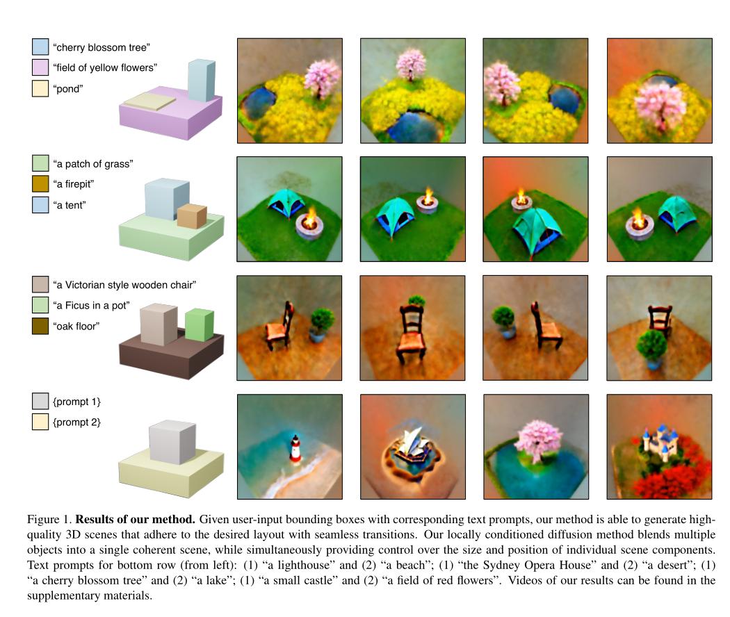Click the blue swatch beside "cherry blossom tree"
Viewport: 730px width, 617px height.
pos(40,47)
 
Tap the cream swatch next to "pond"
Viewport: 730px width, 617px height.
pos(40,89)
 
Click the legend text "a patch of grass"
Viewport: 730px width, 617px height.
pos(92,164)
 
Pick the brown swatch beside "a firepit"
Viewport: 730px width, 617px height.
pos(40,185)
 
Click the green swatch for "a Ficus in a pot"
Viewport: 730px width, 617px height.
pos(40,306)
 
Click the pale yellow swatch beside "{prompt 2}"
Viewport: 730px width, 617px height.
pos(40,422)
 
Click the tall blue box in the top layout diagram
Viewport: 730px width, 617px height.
pos(201,81)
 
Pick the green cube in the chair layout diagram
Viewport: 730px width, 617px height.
pos(199,325)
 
